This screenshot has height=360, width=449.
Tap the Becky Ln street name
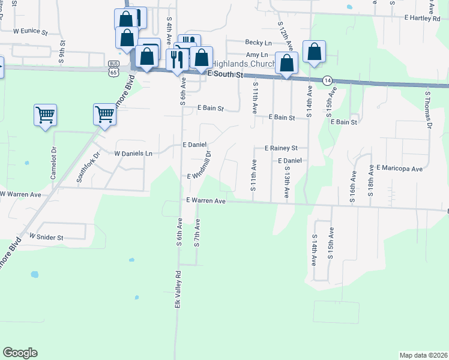(258, 43)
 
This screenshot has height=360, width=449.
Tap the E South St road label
(224, 75)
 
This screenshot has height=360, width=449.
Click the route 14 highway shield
(327, 80)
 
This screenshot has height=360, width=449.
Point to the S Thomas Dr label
(429, 110)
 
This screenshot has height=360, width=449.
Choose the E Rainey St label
(281, 148)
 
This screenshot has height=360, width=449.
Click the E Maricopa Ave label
(400, 169)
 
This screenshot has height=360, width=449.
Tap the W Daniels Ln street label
(133, 154)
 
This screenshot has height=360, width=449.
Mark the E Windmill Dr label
(200, 166)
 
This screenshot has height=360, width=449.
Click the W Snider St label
(46, 238)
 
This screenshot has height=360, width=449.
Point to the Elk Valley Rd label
(178, 290)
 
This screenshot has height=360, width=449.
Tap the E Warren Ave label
(205, 201)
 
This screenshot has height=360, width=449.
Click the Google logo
(20, 353)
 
